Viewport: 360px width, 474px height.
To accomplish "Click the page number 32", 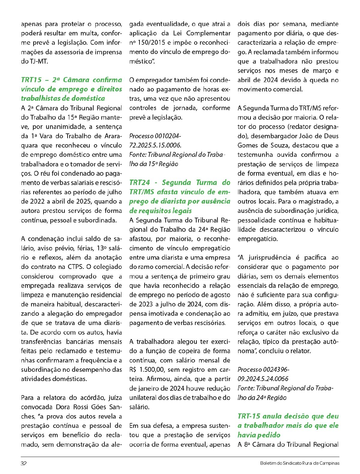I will point(24,463).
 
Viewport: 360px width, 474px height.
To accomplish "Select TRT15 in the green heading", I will point(31,80).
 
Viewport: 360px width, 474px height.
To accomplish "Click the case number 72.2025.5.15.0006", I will point(155,145).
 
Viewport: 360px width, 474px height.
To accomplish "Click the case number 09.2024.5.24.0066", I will point(263,379).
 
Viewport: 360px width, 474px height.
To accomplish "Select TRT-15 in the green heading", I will point(248,416).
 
